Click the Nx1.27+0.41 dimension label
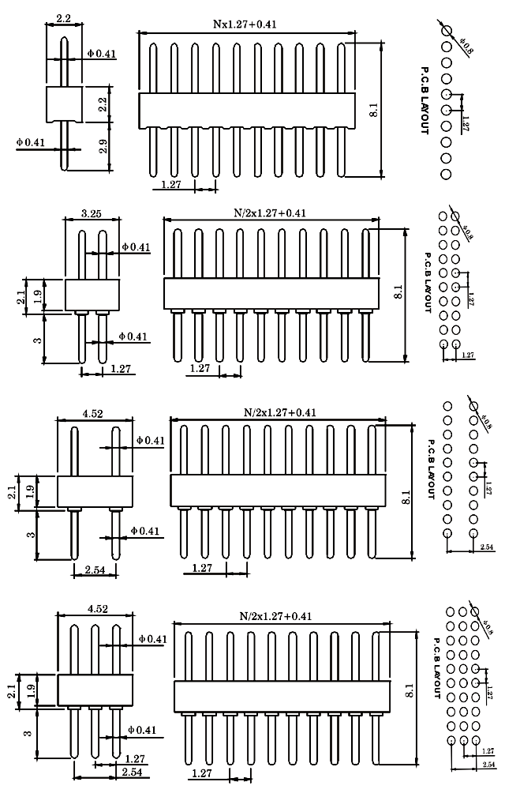click(245, 24)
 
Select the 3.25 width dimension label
click(90, 213)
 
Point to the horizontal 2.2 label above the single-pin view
click(64, 17)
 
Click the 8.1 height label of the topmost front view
click(374, 111)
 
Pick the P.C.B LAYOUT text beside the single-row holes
click(424, 100)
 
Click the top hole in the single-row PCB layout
click(446, 32)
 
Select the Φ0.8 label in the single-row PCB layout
click(466, 47)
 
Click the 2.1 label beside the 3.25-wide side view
click(21, 296)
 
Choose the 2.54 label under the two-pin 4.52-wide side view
click(95, 569)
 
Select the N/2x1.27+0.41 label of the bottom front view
click(276, 615)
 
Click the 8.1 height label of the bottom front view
click(408, 691)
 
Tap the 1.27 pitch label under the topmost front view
click(171, 184)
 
